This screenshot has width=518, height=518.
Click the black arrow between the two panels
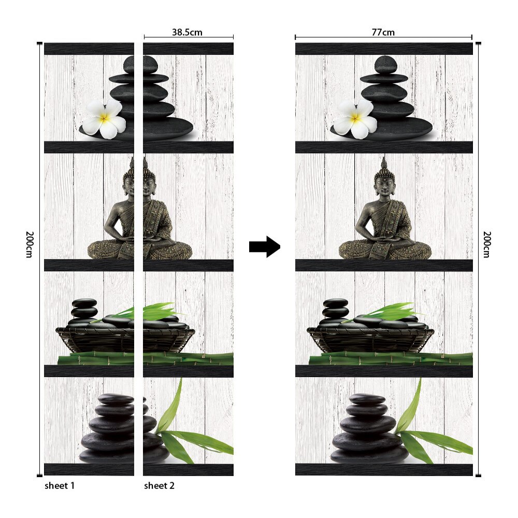point(265,246)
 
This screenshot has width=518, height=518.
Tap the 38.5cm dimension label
point(187,32)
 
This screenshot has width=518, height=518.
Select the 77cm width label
point(383,32)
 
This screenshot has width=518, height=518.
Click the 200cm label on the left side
point(29,243)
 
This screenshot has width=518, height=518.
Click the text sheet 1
point(60,485)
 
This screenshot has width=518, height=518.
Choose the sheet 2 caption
point(159,485)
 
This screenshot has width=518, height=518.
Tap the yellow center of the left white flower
point(105,118)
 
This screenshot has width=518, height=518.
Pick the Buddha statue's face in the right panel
point(384,185)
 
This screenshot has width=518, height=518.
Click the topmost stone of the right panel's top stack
point(385,65)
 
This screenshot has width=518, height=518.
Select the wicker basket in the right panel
point(368,339)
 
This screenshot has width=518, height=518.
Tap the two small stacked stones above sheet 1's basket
point(84,308)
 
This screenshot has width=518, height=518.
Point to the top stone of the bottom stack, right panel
point(367,399)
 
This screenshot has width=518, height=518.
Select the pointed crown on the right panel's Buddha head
point(384,165)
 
